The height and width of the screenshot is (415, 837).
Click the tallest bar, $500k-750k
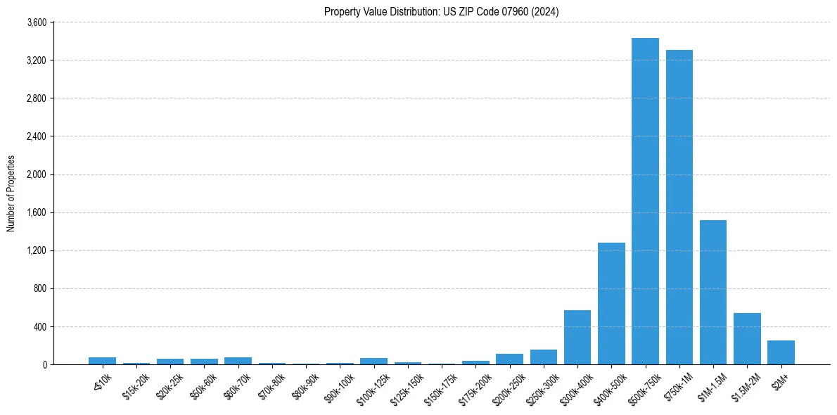point(645,201)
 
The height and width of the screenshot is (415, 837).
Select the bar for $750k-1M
point(679,207)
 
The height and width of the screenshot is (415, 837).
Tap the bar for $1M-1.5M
point(713,293)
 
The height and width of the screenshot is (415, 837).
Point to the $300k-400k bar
point(577,338)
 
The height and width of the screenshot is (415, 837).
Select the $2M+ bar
point(781,352)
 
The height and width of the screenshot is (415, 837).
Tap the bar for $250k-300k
point(544,357)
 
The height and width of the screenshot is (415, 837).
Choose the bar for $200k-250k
point(509,359)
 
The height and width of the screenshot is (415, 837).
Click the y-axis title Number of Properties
point(11,193)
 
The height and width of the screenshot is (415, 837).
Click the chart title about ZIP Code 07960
point(442,11)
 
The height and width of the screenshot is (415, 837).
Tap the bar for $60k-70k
point(238,361)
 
